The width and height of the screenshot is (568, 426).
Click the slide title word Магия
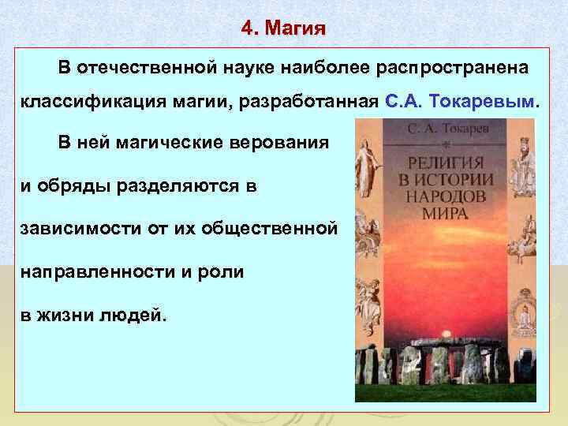[296, 30]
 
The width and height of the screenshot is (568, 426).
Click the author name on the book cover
[446, 127]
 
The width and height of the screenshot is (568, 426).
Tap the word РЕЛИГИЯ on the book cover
[446, 164]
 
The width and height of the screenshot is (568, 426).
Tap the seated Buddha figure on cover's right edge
[523, 314]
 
